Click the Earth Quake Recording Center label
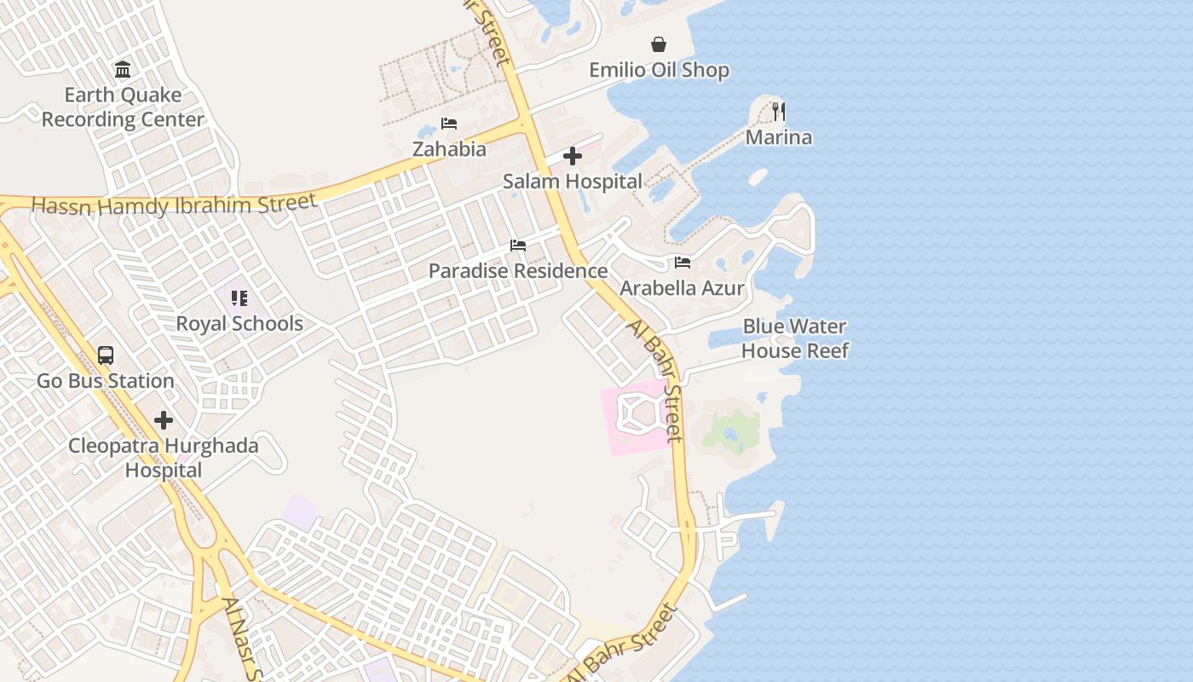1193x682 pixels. point(123,107)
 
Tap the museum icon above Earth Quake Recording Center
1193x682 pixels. point(123,69)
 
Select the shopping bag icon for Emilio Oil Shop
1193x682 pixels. point(659,44)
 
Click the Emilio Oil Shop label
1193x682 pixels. point(659,70)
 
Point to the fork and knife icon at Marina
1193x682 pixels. point(778,111)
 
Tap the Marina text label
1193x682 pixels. point(778,137)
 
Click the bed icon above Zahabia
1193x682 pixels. point(449,124)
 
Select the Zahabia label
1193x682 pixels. point(449,149)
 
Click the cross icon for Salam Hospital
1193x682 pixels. point(573,156)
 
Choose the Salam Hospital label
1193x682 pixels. point(573,182)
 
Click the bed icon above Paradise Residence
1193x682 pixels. point(518,246)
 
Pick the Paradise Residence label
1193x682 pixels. point(518,271)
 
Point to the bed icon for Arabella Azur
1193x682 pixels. point(682,263)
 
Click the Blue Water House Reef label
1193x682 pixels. point(794,338)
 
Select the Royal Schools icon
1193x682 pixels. point(239,298)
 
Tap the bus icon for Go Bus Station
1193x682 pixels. point(106,355)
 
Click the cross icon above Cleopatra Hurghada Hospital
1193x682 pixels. point(164,420)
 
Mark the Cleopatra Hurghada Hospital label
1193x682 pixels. point(164,458)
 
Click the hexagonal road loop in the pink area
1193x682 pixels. point(637,413)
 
